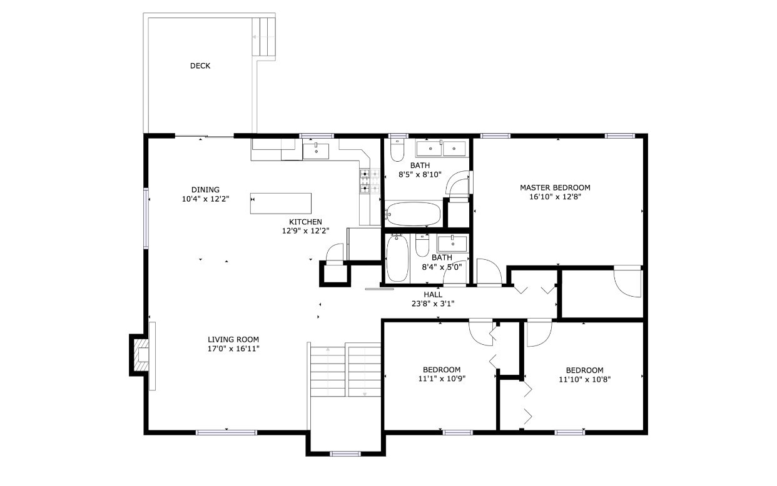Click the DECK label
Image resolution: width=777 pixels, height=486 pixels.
[x=200, y=66]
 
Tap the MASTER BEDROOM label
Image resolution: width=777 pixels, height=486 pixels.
[x=555, y=188]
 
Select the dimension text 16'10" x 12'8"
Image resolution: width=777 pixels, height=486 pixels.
[x=555, y=197]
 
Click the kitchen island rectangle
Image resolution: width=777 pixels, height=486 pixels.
[x=281, y=204]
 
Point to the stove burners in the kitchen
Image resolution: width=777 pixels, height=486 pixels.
[x=370, y=181]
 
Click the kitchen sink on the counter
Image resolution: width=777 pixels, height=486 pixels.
[x=316, y=151]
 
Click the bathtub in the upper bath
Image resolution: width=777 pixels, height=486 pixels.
[x=413, y=214]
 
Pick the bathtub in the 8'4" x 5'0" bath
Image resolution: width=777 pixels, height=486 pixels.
[x=397, y=259]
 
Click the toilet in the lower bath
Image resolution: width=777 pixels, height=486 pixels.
[x=422, y=245]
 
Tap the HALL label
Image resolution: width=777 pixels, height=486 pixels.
[x=433, y=295]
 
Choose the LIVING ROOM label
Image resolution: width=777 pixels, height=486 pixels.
[x=233, y=340]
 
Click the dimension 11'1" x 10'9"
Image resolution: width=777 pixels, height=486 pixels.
[x=442, y=379]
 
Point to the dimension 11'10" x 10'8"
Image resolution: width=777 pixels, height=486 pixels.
[x=585, y=379]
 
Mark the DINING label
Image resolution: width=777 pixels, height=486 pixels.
[x=205, y=190]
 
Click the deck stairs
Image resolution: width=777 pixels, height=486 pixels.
[x=263, y=37]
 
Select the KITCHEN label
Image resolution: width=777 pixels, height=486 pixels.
[x=305, y=222]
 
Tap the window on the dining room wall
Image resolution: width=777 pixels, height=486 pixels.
[x=146, y=218]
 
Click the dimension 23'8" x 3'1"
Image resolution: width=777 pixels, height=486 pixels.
[x=433, y=304]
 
